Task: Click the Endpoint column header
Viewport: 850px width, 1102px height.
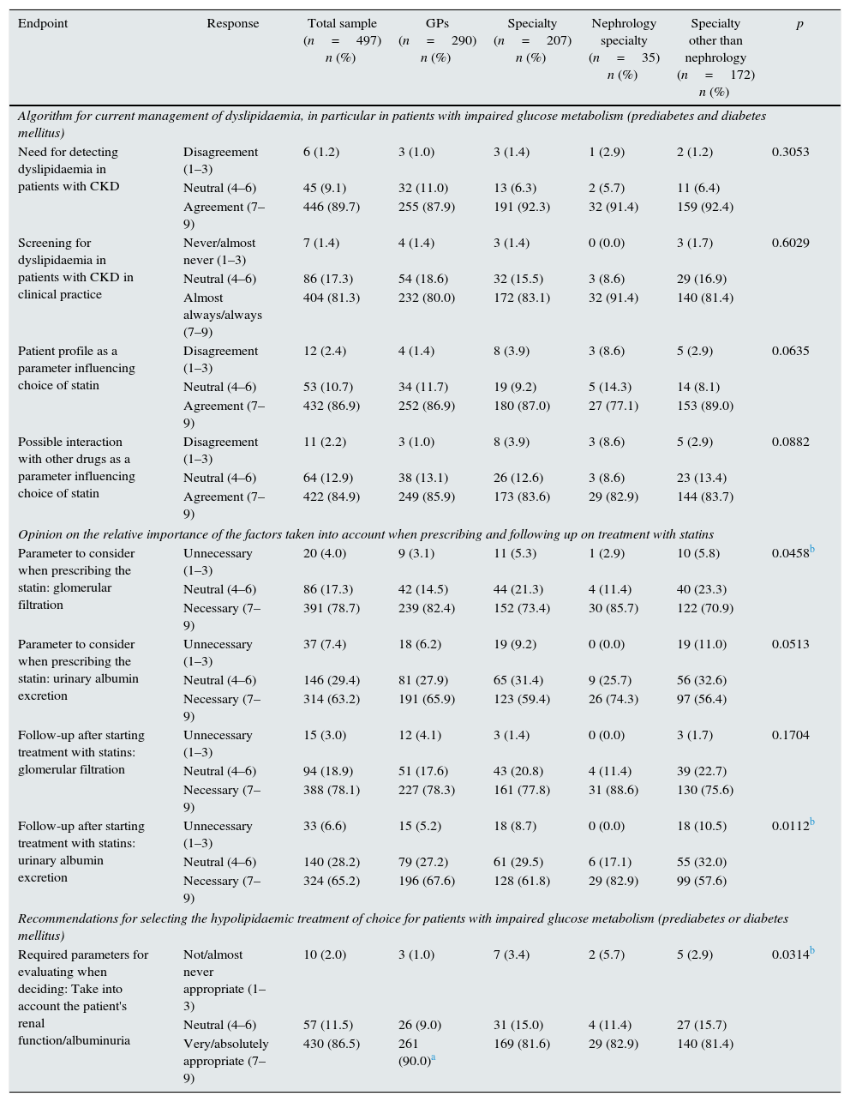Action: (43, 23)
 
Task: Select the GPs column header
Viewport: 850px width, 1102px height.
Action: (437, 23)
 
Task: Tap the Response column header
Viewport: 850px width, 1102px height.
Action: (232, 23)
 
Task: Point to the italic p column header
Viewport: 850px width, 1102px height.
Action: (799, 23)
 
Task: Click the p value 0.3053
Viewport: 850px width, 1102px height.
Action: (790, 152)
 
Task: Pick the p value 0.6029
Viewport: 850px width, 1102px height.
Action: (790, 243)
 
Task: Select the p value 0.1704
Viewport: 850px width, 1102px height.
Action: (790, 735)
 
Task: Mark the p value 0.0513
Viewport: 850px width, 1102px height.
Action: (790, 644)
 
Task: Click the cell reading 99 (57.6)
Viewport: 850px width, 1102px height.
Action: (702, 881)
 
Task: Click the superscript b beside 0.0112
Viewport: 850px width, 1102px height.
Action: (812, 822)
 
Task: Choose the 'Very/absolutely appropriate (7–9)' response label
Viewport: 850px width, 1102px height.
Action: (225, 1061)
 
